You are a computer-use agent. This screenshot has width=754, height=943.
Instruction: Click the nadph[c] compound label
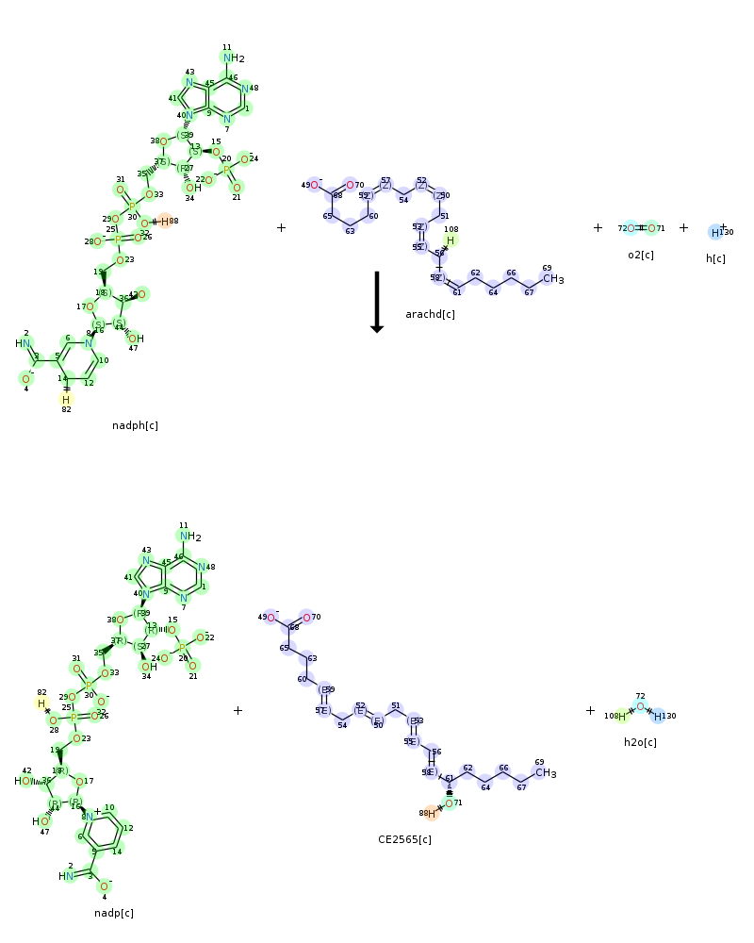tap(135, 426)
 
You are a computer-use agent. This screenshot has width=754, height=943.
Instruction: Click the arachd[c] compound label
tap(430, 314)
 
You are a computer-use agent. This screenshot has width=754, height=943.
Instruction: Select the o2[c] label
tap(641, 256)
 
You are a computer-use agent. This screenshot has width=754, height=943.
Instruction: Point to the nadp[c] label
tap(114, 913)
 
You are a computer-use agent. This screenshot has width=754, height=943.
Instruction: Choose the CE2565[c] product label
tap(404, 839)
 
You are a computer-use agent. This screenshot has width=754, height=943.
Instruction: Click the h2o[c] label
tap(640, 742)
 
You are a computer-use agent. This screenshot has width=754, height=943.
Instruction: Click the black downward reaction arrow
tap(376, 302)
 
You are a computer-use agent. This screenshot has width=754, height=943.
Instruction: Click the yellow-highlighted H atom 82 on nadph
tap(66, 400)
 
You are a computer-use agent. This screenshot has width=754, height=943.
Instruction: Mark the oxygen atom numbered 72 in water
tap(640, 706)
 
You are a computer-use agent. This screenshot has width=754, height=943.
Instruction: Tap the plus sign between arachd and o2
tap(598, 227)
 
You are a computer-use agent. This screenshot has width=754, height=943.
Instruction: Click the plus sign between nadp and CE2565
tap(238, 710)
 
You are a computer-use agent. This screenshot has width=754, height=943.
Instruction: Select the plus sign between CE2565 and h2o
tap(590, 710)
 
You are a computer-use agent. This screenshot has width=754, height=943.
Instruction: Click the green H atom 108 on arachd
tap(451, 240)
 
